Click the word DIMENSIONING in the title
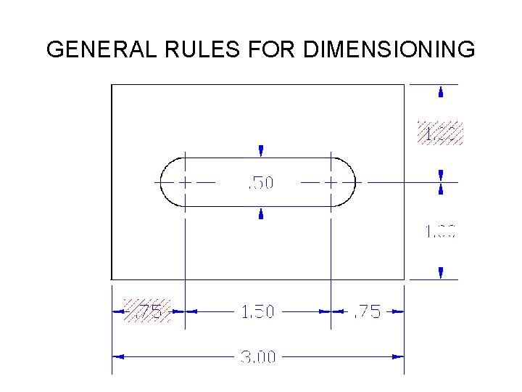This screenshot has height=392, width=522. (389, 50)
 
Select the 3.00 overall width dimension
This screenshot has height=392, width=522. (257, 357)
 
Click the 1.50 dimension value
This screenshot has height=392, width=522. (257, 312)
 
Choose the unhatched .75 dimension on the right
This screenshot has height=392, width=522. (366, 312)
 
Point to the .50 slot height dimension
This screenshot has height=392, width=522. (261, 182)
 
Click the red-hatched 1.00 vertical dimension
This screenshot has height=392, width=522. (439, 134)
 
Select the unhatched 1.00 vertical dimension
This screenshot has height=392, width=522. (440, 232)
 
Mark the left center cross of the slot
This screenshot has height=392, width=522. (186, 181)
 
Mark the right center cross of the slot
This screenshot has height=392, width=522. (331, 181)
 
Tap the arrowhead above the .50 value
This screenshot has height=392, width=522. (261, 150)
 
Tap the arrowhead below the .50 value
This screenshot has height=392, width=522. (261, 214)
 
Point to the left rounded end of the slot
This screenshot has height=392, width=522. (162, 181)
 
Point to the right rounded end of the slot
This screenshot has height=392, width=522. (355, 181)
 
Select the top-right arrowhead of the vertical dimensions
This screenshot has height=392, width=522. (441, 91)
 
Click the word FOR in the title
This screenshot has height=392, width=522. (273, 50)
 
